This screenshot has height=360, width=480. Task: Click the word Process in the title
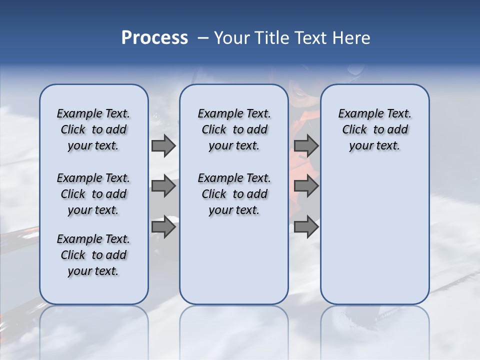(154, 38)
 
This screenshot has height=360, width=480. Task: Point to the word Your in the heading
(232, 38)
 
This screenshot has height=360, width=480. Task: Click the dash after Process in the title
(202, 38)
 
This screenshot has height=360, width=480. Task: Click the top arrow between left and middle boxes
(163, 146)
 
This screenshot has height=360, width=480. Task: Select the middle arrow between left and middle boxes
(163, 186)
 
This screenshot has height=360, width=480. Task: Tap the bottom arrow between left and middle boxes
(163, 227)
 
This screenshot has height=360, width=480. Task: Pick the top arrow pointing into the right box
(306, 146)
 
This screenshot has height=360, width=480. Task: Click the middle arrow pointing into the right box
(306, 186)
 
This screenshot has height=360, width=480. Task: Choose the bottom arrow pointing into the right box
(306, 227)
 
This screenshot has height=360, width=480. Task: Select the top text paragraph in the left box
(93, 129)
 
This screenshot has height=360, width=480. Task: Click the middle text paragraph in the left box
(93, 194)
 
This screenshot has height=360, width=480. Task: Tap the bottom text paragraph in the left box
(93, 255)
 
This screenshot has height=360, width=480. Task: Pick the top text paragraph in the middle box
(234, 129)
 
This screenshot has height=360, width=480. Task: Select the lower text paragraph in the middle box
(234, 194)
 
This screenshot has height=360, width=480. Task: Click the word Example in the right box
(357, 114)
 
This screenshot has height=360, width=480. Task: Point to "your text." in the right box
(374, 146)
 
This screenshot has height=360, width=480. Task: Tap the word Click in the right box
(354, 130)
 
